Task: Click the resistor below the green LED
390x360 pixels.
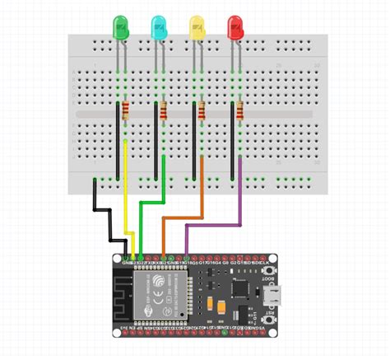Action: coord(126,111)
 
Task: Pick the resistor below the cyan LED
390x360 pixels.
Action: coord(164,111)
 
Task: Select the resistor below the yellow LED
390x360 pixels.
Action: coord(202,111)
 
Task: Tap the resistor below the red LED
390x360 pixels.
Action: coord(240,111)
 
